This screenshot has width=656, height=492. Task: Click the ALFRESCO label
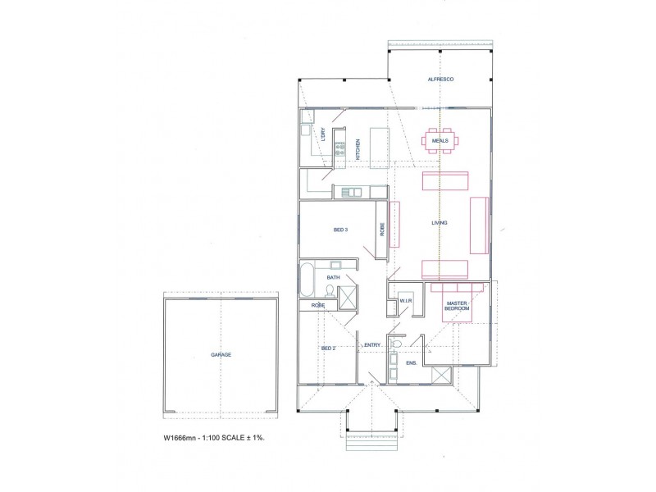[x=440, y=79]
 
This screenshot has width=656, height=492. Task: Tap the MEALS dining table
[x=440, y=141]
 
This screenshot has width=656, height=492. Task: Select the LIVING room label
[x=440, y=222]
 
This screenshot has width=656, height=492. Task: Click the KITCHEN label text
[x=358, y=149]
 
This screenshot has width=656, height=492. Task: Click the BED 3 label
[x=341, y=230]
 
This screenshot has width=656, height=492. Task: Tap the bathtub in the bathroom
[x=306, y=280]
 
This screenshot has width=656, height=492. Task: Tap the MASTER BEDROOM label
[x=456, y=307]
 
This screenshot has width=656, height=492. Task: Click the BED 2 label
[x=328, y=348]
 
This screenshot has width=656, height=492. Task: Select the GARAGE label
[x=220, y=354]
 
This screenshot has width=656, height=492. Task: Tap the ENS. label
[x=411, y=362]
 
